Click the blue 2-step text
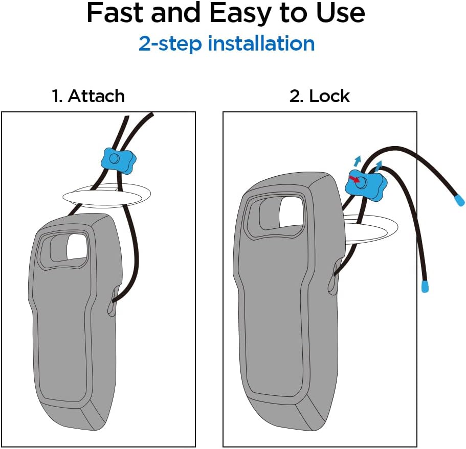[171, 44]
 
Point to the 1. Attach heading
[88, 96]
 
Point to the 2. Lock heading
[320, 96]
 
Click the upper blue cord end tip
[458, 200]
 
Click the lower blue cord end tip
[425, 286]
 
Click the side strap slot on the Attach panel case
[110, 308]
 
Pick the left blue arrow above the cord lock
[357, 161]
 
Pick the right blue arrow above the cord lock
[379, 165]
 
